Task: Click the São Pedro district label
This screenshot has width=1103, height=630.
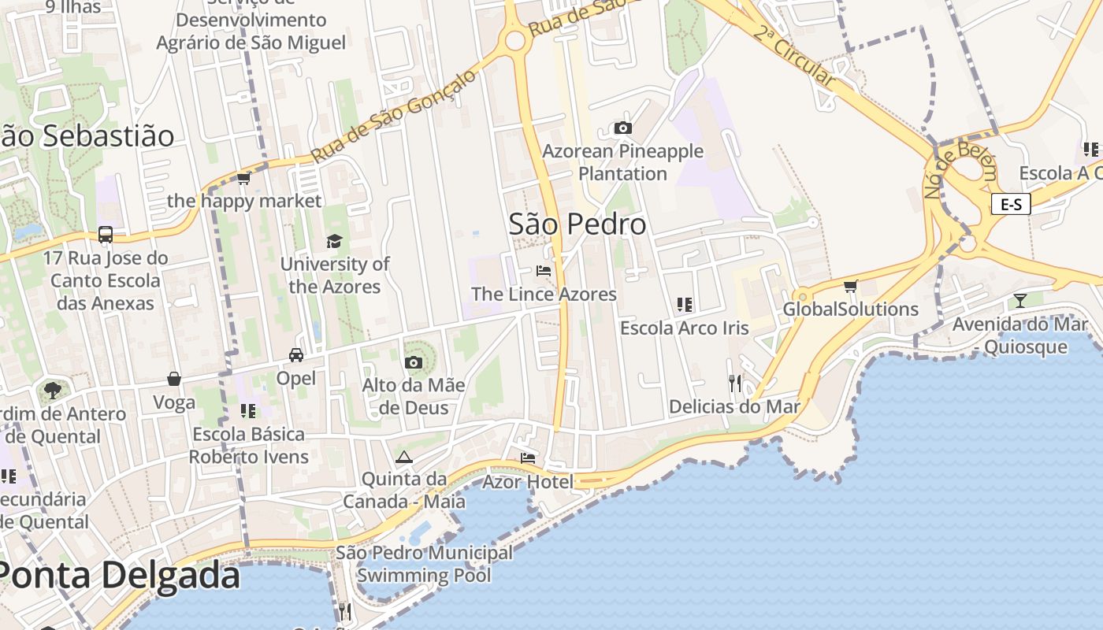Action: (577, 224)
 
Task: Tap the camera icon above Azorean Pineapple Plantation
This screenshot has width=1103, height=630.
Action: (623, 128)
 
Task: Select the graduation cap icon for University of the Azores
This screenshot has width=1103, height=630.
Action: (335, 241)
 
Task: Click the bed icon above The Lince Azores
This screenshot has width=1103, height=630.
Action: (544, 271)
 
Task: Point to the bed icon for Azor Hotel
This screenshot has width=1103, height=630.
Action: (528, 458)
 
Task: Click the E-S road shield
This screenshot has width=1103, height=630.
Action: (1011, 205)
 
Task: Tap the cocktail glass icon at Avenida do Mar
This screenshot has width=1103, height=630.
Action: (1020, 300)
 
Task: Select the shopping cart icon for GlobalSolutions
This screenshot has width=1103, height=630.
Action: (850, 286)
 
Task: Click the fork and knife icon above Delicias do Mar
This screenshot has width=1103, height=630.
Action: (734, 384)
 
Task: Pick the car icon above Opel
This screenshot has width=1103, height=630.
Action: (296, 355)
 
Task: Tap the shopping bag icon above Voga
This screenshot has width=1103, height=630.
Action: (174, 380)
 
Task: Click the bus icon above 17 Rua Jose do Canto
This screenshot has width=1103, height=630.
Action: (106, 235)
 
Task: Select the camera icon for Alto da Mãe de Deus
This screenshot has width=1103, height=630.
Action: (413, 362)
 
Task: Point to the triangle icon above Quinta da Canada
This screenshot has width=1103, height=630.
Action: (404, 457)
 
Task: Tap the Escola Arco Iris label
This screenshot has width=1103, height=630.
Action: (684, 328)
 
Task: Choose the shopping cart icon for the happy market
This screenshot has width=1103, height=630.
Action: (244, 179)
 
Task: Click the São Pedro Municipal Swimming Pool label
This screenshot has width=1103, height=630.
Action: (424, 564)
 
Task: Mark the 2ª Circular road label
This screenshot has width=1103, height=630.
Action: (793, 55)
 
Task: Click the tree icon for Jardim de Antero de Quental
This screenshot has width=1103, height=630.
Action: (52, 390)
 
